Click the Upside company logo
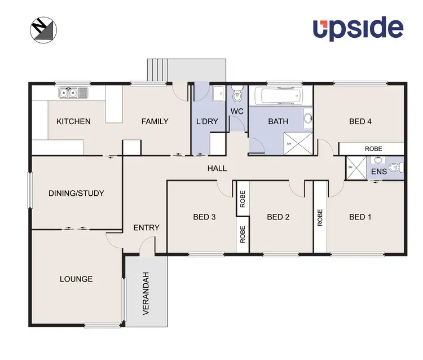358,28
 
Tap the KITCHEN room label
73,121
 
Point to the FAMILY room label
155,121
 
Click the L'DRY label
206,121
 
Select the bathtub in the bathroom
279,96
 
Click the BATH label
278,121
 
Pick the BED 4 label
360,121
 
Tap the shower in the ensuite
356,168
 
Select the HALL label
217,168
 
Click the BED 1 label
360,217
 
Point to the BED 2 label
278,217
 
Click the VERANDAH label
146,293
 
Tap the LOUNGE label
76,279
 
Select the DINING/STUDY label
76,193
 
